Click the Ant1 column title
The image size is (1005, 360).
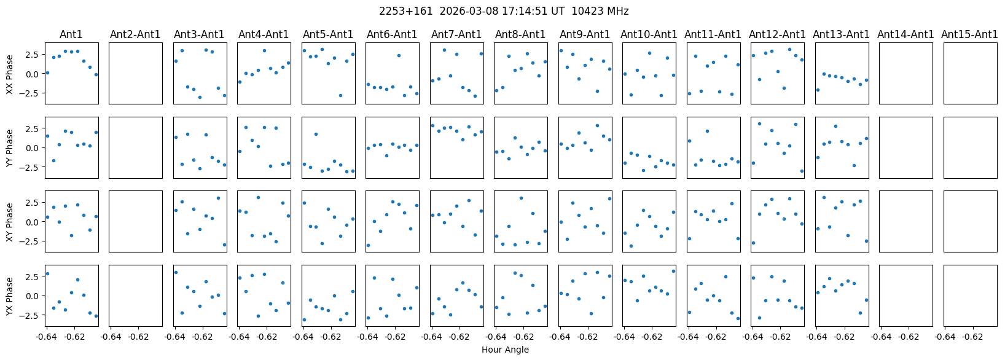pos(71,34)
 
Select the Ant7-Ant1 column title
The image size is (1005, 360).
pos(456,34)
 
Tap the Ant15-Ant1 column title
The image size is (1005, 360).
pos(969,34)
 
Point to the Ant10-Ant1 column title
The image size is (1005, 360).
pos(649,34)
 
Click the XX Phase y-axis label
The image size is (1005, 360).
pos(10,74)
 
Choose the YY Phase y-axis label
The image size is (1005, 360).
pos(10,147)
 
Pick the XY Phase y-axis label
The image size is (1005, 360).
pos(10,221)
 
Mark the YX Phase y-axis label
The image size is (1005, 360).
pos(10,295)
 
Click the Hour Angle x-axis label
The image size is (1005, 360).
pos(505,350)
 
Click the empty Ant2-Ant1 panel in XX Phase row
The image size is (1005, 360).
pos(135,74)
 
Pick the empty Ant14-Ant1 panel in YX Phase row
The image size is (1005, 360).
pos(905,295)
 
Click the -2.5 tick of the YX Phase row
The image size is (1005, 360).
pos(33,315)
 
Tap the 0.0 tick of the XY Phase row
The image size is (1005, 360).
pos(35,222)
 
